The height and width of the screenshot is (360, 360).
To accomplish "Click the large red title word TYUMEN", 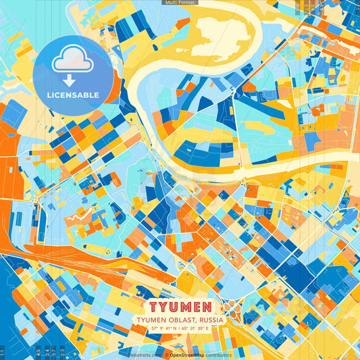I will tap(180, 308).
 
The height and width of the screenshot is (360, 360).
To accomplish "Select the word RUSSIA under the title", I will tap(210, 320).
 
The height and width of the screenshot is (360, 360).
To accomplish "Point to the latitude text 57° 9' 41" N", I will tap(166, 329).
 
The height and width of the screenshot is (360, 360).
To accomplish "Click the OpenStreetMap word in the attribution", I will tap(187, 355).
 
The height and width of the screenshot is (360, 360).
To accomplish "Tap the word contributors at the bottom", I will tap(218, 355).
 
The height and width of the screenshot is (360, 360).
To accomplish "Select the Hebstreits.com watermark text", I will tap(144, 355).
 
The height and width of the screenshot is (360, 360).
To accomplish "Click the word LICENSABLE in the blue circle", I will tap(72, 95).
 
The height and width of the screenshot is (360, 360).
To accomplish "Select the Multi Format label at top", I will tap(179, 3).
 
